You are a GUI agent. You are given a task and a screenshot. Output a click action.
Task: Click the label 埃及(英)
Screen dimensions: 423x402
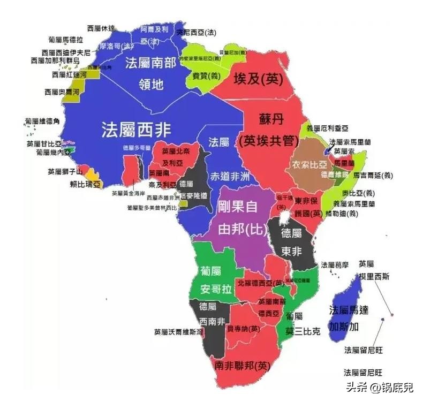(258, 80)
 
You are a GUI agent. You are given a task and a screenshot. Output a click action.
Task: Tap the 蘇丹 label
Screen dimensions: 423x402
(270, 119)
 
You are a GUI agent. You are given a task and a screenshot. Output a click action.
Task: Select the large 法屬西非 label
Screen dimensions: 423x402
(137, 129)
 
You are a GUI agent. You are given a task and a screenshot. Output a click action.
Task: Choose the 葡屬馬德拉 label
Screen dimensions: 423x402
(65, 40)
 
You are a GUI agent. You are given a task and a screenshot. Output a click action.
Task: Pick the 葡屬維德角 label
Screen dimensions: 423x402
(42, 122)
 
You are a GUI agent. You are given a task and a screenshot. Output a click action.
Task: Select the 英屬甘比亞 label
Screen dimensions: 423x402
(44, 143)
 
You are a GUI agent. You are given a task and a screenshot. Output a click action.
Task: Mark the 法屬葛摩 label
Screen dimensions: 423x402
(335, 264)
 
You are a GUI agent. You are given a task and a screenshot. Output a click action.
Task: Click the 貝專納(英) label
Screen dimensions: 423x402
(244, 328)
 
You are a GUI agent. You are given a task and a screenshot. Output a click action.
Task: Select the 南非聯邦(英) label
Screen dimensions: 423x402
(241, 366)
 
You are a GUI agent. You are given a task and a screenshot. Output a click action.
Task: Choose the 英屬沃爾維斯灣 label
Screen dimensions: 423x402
(179, 331)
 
